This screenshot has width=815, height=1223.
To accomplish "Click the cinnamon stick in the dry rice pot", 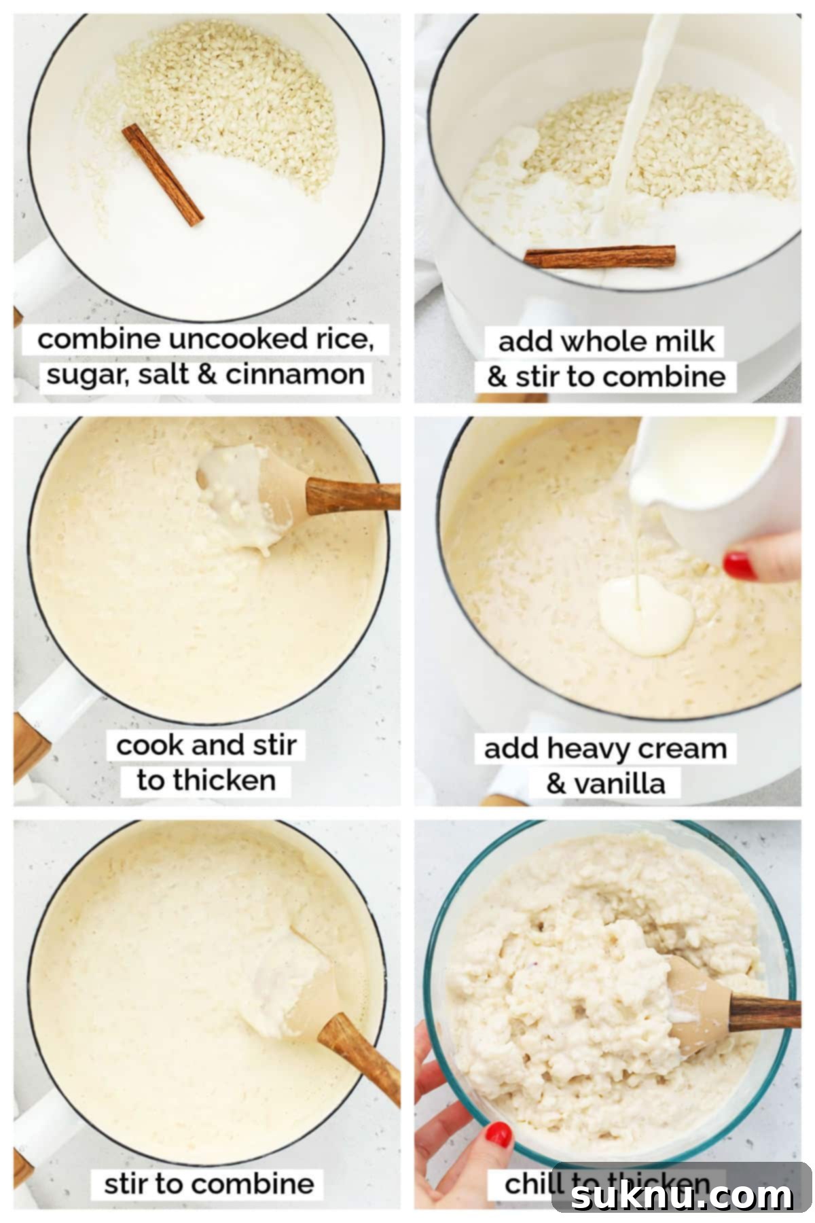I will point(163,175).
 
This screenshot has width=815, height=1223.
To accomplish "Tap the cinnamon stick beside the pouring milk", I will point(600,256).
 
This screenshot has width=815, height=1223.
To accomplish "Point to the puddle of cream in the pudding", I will point(645,615).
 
